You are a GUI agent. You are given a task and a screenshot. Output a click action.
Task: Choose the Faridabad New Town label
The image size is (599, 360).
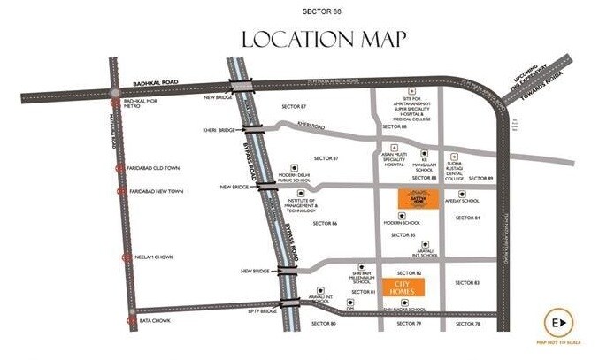point(156,191)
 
